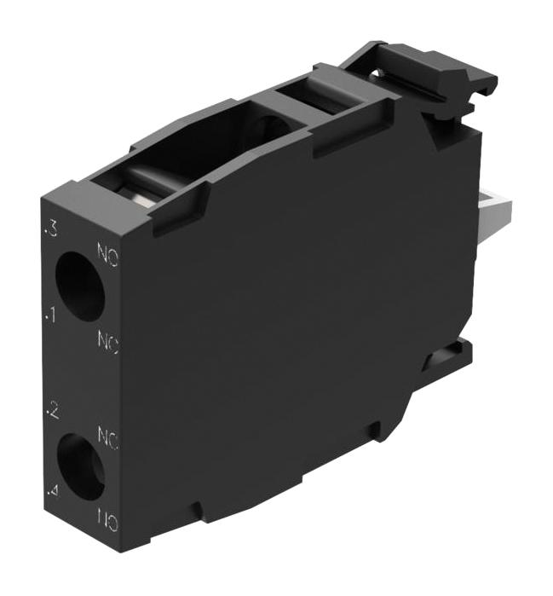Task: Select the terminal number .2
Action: [x=52, y=413]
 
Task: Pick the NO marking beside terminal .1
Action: [x=107, y=344]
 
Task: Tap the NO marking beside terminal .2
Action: [x=107, y=439]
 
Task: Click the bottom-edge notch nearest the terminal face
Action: [x=197, y=511]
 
